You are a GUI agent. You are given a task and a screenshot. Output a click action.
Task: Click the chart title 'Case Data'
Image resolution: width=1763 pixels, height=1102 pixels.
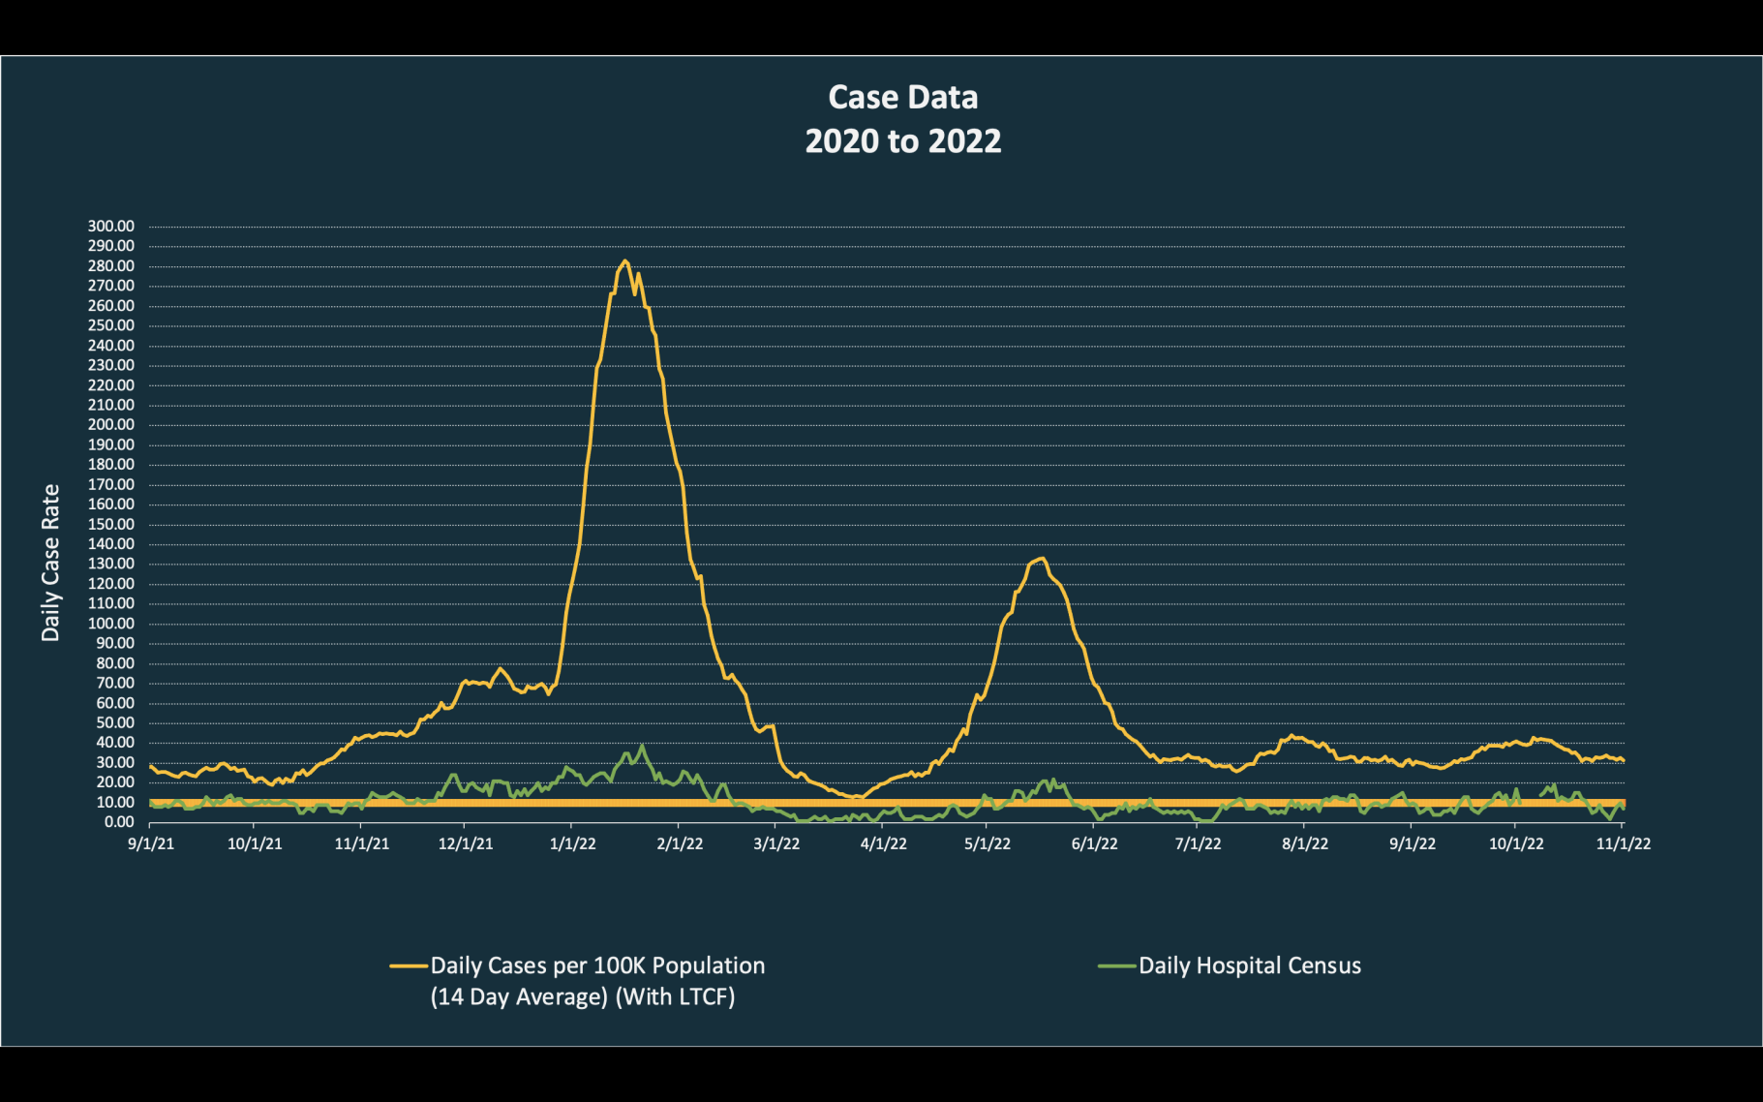(902, 98)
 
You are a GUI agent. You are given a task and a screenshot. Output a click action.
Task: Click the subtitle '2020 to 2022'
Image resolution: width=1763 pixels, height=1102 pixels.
(902, 141)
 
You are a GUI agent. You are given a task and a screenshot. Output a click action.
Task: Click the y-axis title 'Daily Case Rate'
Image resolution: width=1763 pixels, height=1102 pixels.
(50, 563)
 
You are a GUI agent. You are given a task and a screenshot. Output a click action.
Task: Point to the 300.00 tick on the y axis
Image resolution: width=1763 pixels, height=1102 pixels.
(111, 227)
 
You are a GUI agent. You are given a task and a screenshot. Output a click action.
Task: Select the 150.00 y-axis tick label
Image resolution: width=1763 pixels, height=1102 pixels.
(111, 524)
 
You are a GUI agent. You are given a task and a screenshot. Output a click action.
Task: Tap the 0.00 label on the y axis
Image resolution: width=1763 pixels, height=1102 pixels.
(119, 822)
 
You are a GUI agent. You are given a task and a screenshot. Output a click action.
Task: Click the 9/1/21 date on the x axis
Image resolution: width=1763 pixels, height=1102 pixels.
(151, 843)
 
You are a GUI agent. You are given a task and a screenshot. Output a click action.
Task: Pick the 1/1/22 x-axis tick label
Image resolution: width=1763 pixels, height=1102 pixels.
(572, 843)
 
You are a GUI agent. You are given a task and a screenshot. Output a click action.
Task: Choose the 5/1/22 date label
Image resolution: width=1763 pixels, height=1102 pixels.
(987, 843)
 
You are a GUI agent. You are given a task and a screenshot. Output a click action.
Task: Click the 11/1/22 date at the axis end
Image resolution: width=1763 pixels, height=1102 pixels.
(1623, 843)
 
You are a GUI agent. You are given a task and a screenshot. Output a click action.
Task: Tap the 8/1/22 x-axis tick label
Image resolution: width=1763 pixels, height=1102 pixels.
(1304, 843)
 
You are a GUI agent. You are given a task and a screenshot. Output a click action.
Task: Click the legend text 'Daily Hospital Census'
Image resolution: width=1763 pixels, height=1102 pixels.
(1249, 965)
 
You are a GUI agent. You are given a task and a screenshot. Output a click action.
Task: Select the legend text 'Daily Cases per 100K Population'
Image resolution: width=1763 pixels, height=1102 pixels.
(597, 965)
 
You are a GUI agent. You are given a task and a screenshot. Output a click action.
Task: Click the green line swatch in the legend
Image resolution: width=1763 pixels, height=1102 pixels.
(1116, 965)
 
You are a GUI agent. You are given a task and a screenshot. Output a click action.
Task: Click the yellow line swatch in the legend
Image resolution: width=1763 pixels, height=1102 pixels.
(409, 965)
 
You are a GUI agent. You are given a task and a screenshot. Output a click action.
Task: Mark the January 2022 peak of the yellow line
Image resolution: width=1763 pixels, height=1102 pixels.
(625, 260)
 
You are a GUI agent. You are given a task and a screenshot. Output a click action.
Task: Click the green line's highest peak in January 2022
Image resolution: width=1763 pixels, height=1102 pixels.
(643, 746)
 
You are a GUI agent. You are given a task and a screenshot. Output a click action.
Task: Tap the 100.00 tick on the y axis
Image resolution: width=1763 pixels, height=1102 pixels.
(111, 624)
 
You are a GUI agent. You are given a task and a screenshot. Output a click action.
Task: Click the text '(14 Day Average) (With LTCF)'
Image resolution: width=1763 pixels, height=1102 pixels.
(582, 996)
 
